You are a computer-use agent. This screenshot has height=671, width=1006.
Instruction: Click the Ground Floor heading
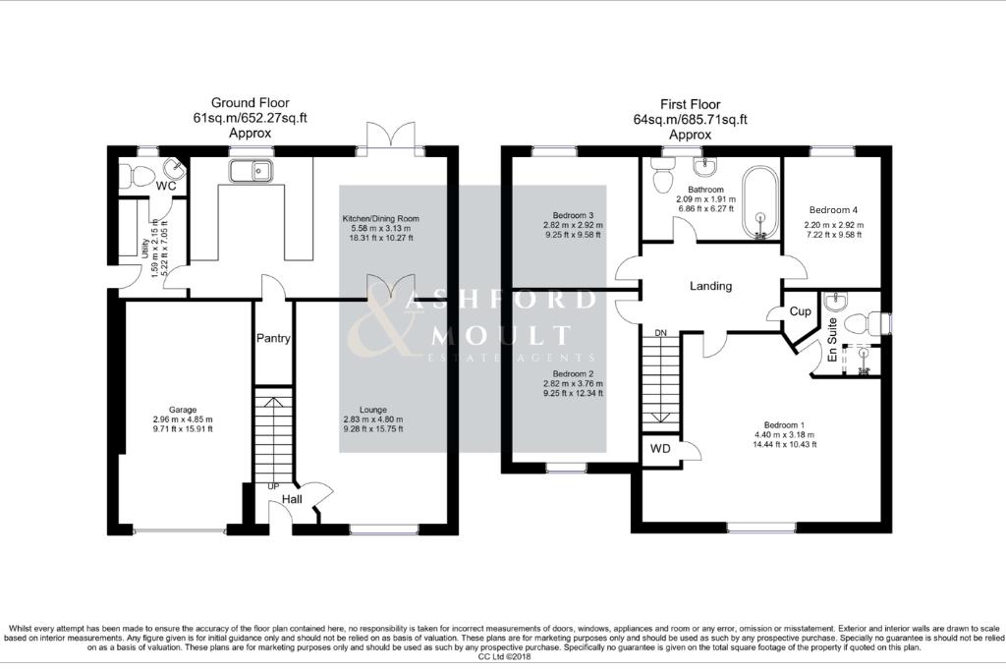[249, 103]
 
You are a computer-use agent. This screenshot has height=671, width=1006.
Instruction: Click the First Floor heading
[690, 104]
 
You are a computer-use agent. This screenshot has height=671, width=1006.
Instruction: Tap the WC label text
[166, 186]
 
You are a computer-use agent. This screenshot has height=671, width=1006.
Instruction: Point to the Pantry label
[273, 338]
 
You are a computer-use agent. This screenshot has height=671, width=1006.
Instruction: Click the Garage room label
[182, 410]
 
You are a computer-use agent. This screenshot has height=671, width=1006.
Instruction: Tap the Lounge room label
[372, 410]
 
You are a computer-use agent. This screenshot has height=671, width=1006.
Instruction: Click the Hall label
[292, 500]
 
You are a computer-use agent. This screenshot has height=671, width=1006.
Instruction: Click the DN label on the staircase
[660, 333]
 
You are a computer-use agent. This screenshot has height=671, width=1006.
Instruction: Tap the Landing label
[710, 286]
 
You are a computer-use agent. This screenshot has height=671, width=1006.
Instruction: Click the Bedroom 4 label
[833, 210]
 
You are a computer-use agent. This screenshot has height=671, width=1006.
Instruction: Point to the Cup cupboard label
[801, 310]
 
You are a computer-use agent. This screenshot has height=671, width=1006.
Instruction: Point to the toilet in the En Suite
[863, 322]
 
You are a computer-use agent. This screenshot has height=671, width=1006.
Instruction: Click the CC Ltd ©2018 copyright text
[503, 656]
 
